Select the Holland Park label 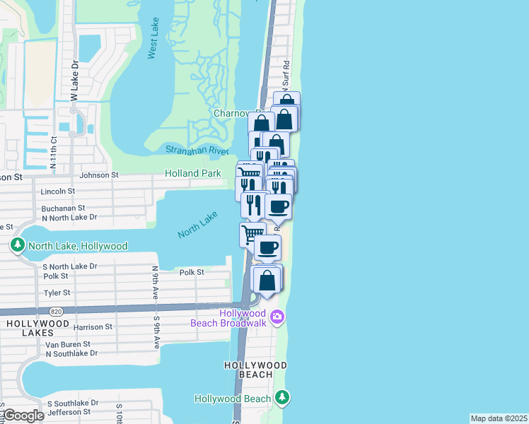(x=192, y=173)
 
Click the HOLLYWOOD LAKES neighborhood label (x=31, y=328)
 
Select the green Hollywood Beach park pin (x=281, y=398)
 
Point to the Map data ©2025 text (x=498, y=418)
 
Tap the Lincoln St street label (x=58, y=192)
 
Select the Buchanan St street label (x=63, y=208)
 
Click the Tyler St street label (x=57, y=293)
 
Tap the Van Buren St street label (x=69, y=344)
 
